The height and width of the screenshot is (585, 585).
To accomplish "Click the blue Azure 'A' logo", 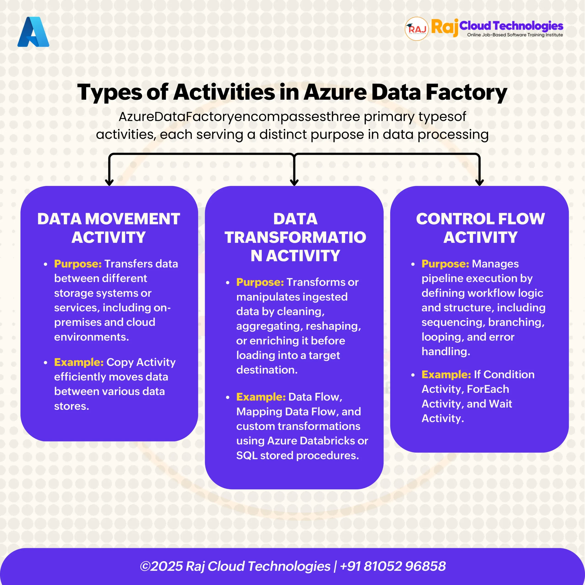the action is tap(33, 32).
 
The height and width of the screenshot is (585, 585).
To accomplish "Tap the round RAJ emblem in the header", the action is tap(417, 29).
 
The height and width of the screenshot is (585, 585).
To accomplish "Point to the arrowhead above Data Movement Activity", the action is tap(109, 182).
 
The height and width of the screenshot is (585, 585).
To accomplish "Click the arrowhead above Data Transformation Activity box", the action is tap(294, 182).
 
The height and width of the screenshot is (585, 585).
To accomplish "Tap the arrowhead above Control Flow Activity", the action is tap(479, 182).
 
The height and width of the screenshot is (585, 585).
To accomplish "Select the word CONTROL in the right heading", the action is tap(455, 219).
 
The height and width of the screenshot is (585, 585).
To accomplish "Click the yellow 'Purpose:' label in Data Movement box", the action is tap(78, 264).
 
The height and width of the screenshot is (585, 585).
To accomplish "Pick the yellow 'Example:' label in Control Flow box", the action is tap(446, 375).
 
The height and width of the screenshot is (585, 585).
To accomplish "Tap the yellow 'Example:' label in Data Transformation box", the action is tap(261, 397).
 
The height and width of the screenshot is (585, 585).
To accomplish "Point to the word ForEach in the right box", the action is tap(488, 389).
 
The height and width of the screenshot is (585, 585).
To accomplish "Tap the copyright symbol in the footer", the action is tap(145, 566).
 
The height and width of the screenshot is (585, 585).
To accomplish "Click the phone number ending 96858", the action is tap(393, 566).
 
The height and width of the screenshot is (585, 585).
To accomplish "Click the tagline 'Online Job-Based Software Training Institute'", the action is tap(515, 35).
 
